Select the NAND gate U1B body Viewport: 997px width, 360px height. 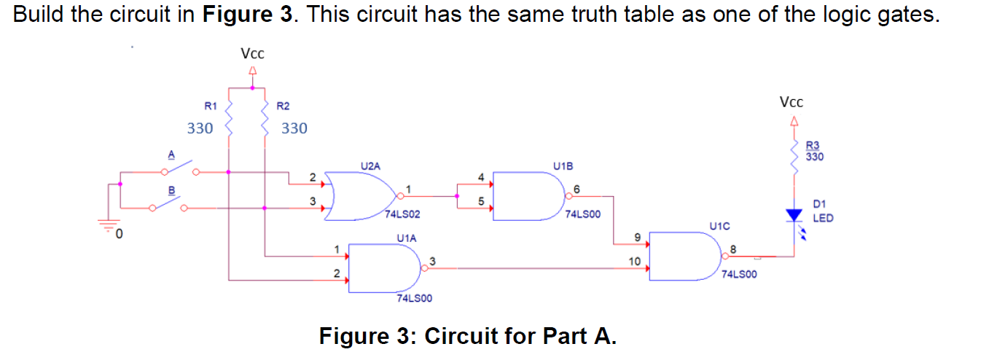(528, 195)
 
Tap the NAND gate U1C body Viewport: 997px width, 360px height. (685, 255)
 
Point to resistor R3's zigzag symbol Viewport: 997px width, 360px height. (793, 155)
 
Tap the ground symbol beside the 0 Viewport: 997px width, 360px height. (109, 227)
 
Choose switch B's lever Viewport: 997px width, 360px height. (168, 203)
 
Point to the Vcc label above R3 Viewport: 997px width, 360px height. (791, 103)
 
